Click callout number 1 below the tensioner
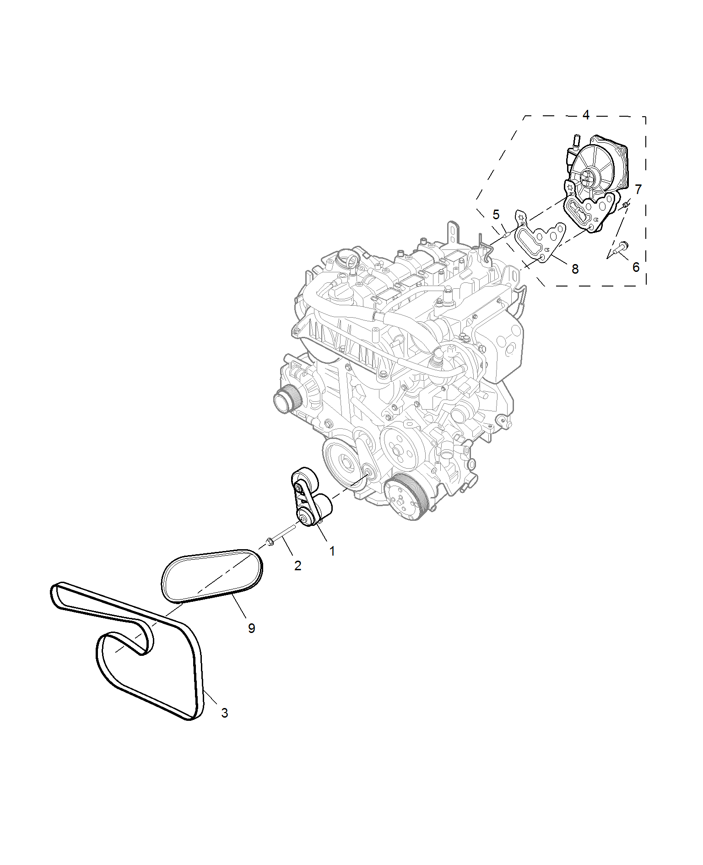[332, 551]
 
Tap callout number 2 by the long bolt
[298, 566]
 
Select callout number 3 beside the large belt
[224, 713]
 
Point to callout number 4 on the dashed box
[586, 115]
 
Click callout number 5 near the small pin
[496, 215]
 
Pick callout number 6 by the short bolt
[636, 267]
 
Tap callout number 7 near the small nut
[638, 189]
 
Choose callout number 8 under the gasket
[575, 269]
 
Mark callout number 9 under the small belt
[252, 628]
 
